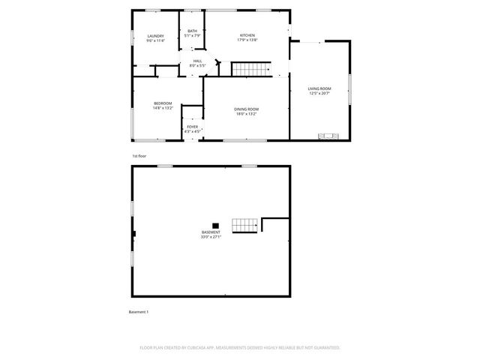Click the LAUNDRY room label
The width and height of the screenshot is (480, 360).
[155, 36]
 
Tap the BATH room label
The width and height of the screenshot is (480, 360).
[193, 31]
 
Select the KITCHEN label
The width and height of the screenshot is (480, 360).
[247, 36]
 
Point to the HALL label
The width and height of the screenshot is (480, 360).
[197, 61]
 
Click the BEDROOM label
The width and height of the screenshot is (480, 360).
[163, 103]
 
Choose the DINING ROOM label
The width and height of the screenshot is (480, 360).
[247, 109]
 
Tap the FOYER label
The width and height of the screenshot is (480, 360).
[193, 127]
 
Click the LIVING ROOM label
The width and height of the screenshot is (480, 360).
[319, 88]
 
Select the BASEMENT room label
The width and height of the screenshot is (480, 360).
[211, 232]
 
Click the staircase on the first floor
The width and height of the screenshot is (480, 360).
[250, 70]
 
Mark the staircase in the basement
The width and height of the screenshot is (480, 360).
[244, 225]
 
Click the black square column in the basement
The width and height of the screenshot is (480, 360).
[215, 224]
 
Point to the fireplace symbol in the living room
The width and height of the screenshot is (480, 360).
[328, 136]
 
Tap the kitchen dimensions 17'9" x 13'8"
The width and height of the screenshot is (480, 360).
[247, 40]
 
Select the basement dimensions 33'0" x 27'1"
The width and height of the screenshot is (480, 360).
[211, 237]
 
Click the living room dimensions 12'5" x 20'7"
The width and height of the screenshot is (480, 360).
[319, 94]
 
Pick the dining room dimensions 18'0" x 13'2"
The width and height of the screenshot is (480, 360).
[247, 114]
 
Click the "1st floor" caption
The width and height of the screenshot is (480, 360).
[139, 155]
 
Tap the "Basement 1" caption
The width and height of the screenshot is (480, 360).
[139, 311]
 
